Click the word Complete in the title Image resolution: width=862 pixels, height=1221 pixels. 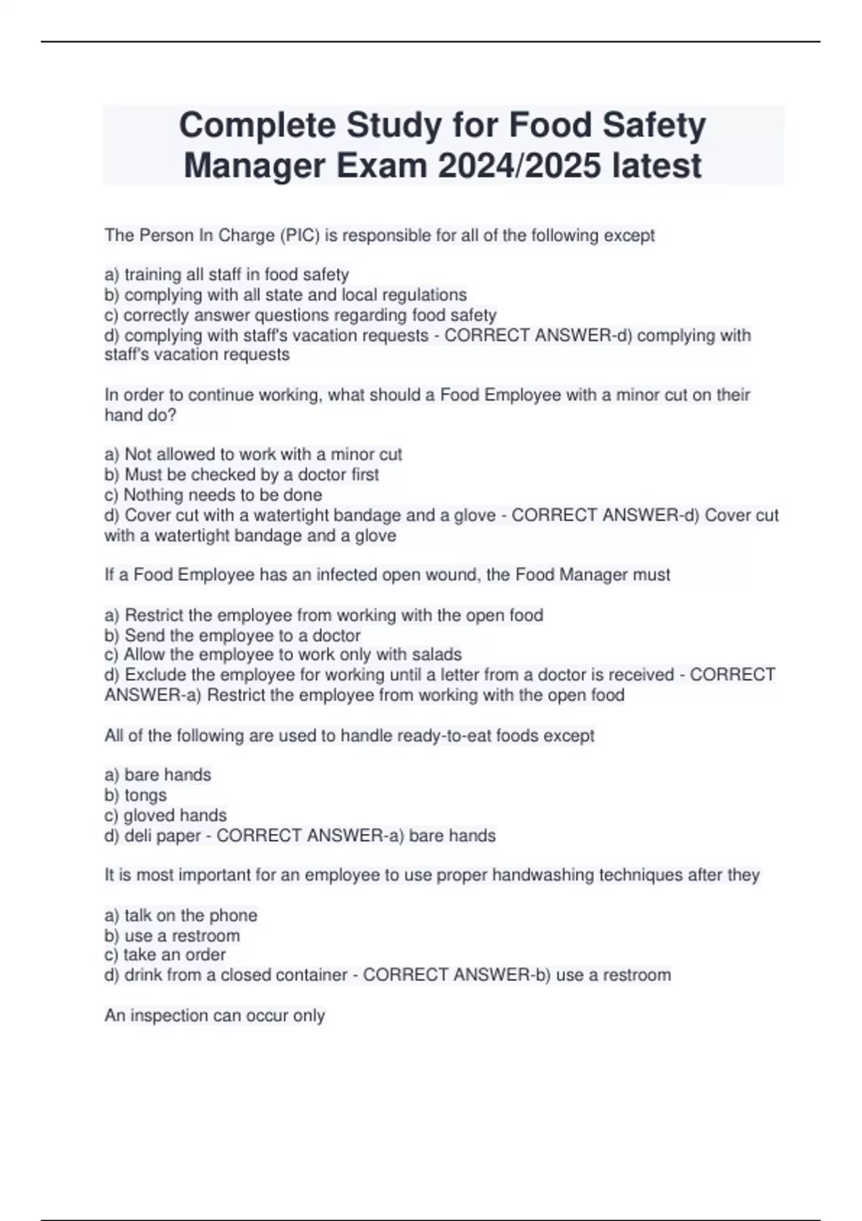[256, 126]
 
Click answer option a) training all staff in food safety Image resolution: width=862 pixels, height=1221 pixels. [227, 274]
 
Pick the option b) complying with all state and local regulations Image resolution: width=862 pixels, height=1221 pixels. [286, 294]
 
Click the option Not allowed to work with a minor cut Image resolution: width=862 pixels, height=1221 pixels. [253, 454]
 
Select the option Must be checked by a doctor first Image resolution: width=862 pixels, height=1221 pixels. [241, 474]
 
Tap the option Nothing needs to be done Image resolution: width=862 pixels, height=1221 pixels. [213, 495]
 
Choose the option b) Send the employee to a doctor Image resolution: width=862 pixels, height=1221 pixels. [233, 635]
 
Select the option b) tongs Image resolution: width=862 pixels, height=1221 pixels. [136, 795]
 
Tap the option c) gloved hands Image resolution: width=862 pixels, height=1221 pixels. [166, 815]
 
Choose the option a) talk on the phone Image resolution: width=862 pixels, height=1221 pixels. [181, 915]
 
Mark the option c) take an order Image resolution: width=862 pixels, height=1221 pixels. [165, 955]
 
